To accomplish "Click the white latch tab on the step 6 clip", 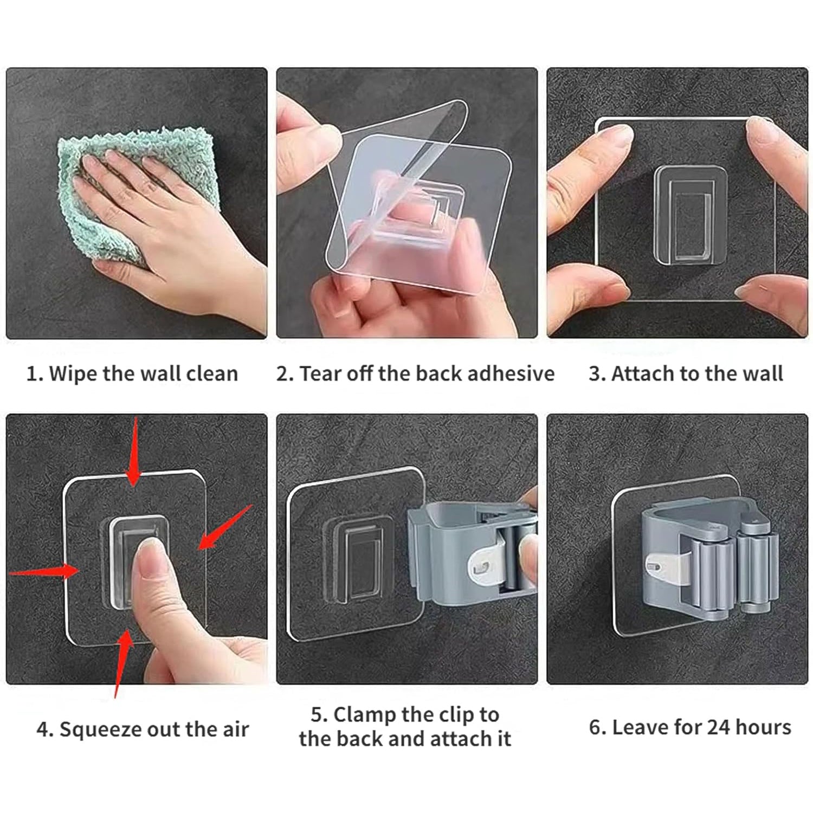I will coord(664,566).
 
